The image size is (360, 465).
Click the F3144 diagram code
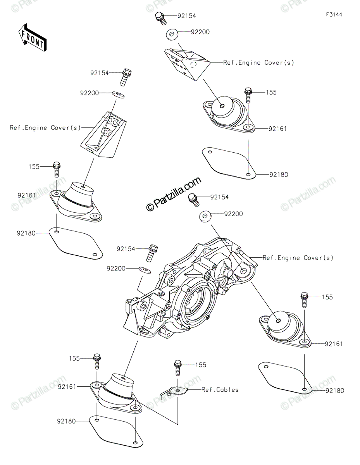click(334, 15)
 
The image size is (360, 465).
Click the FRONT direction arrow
click(33, 38)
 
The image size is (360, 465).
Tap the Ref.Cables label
click(220, 389)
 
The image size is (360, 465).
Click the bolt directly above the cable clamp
click(178, 368)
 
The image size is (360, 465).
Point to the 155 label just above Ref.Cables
click(200, 365)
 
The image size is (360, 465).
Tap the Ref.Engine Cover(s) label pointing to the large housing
click(298, 258)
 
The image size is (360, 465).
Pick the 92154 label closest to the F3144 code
click(187, 16)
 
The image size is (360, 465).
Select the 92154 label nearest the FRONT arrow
click(100, 72)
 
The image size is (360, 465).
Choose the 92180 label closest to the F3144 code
click(279, 175)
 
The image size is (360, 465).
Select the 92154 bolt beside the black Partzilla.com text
click(193, 200)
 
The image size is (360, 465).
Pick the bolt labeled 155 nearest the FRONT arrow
click(57, 169)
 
